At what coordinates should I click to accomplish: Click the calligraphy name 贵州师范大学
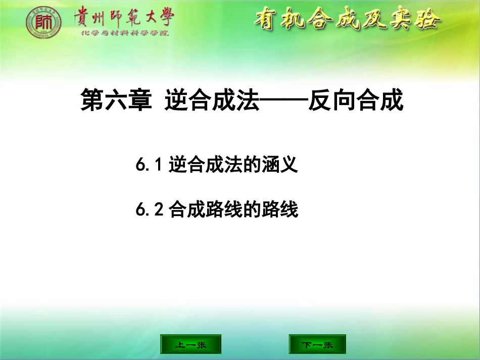point(123,17)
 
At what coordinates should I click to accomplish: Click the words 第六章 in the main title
point(116,100)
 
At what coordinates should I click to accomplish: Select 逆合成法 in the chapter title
point(212,100)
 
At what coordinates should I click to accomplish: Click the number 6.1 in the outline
point(148,165)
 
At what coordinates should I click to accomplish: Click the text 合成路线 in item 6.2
point(202,209)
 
